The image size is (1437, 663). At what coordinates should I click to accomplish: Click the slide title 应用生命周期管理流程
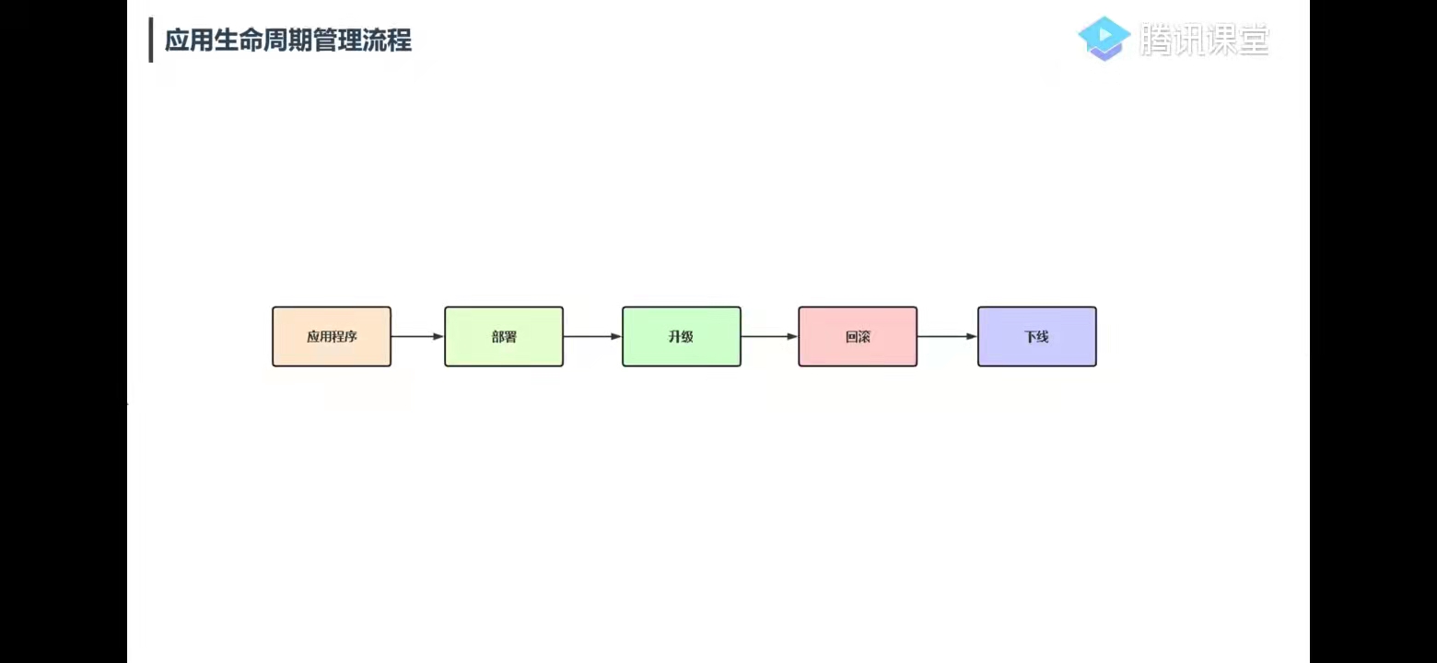(288, 41)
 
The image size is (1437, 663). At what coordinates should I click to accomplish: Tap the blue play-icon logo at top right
(1104, 38)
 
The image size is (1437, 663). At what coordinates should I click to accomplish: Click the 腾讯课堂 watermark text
(1204, 40)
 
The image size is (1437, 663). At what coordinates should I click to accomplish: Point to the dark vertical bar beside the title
(151, 41)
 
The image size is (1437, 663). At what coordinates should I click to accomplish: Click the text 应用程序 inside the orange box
(332, 337)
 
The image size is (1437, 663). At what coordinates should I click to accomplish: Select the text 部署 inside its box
(504, 337)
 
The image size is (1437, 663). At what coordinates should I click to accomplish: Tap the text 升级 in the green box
(681, 337)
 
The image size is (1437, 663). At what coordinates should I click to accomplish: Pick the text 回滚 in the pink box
(858, 337)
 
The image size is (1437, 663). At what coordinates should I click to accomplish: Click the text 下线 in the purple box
(1036, 337)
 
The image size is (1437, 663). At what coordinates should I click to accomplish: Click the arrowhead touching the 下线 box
(971, 337)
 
